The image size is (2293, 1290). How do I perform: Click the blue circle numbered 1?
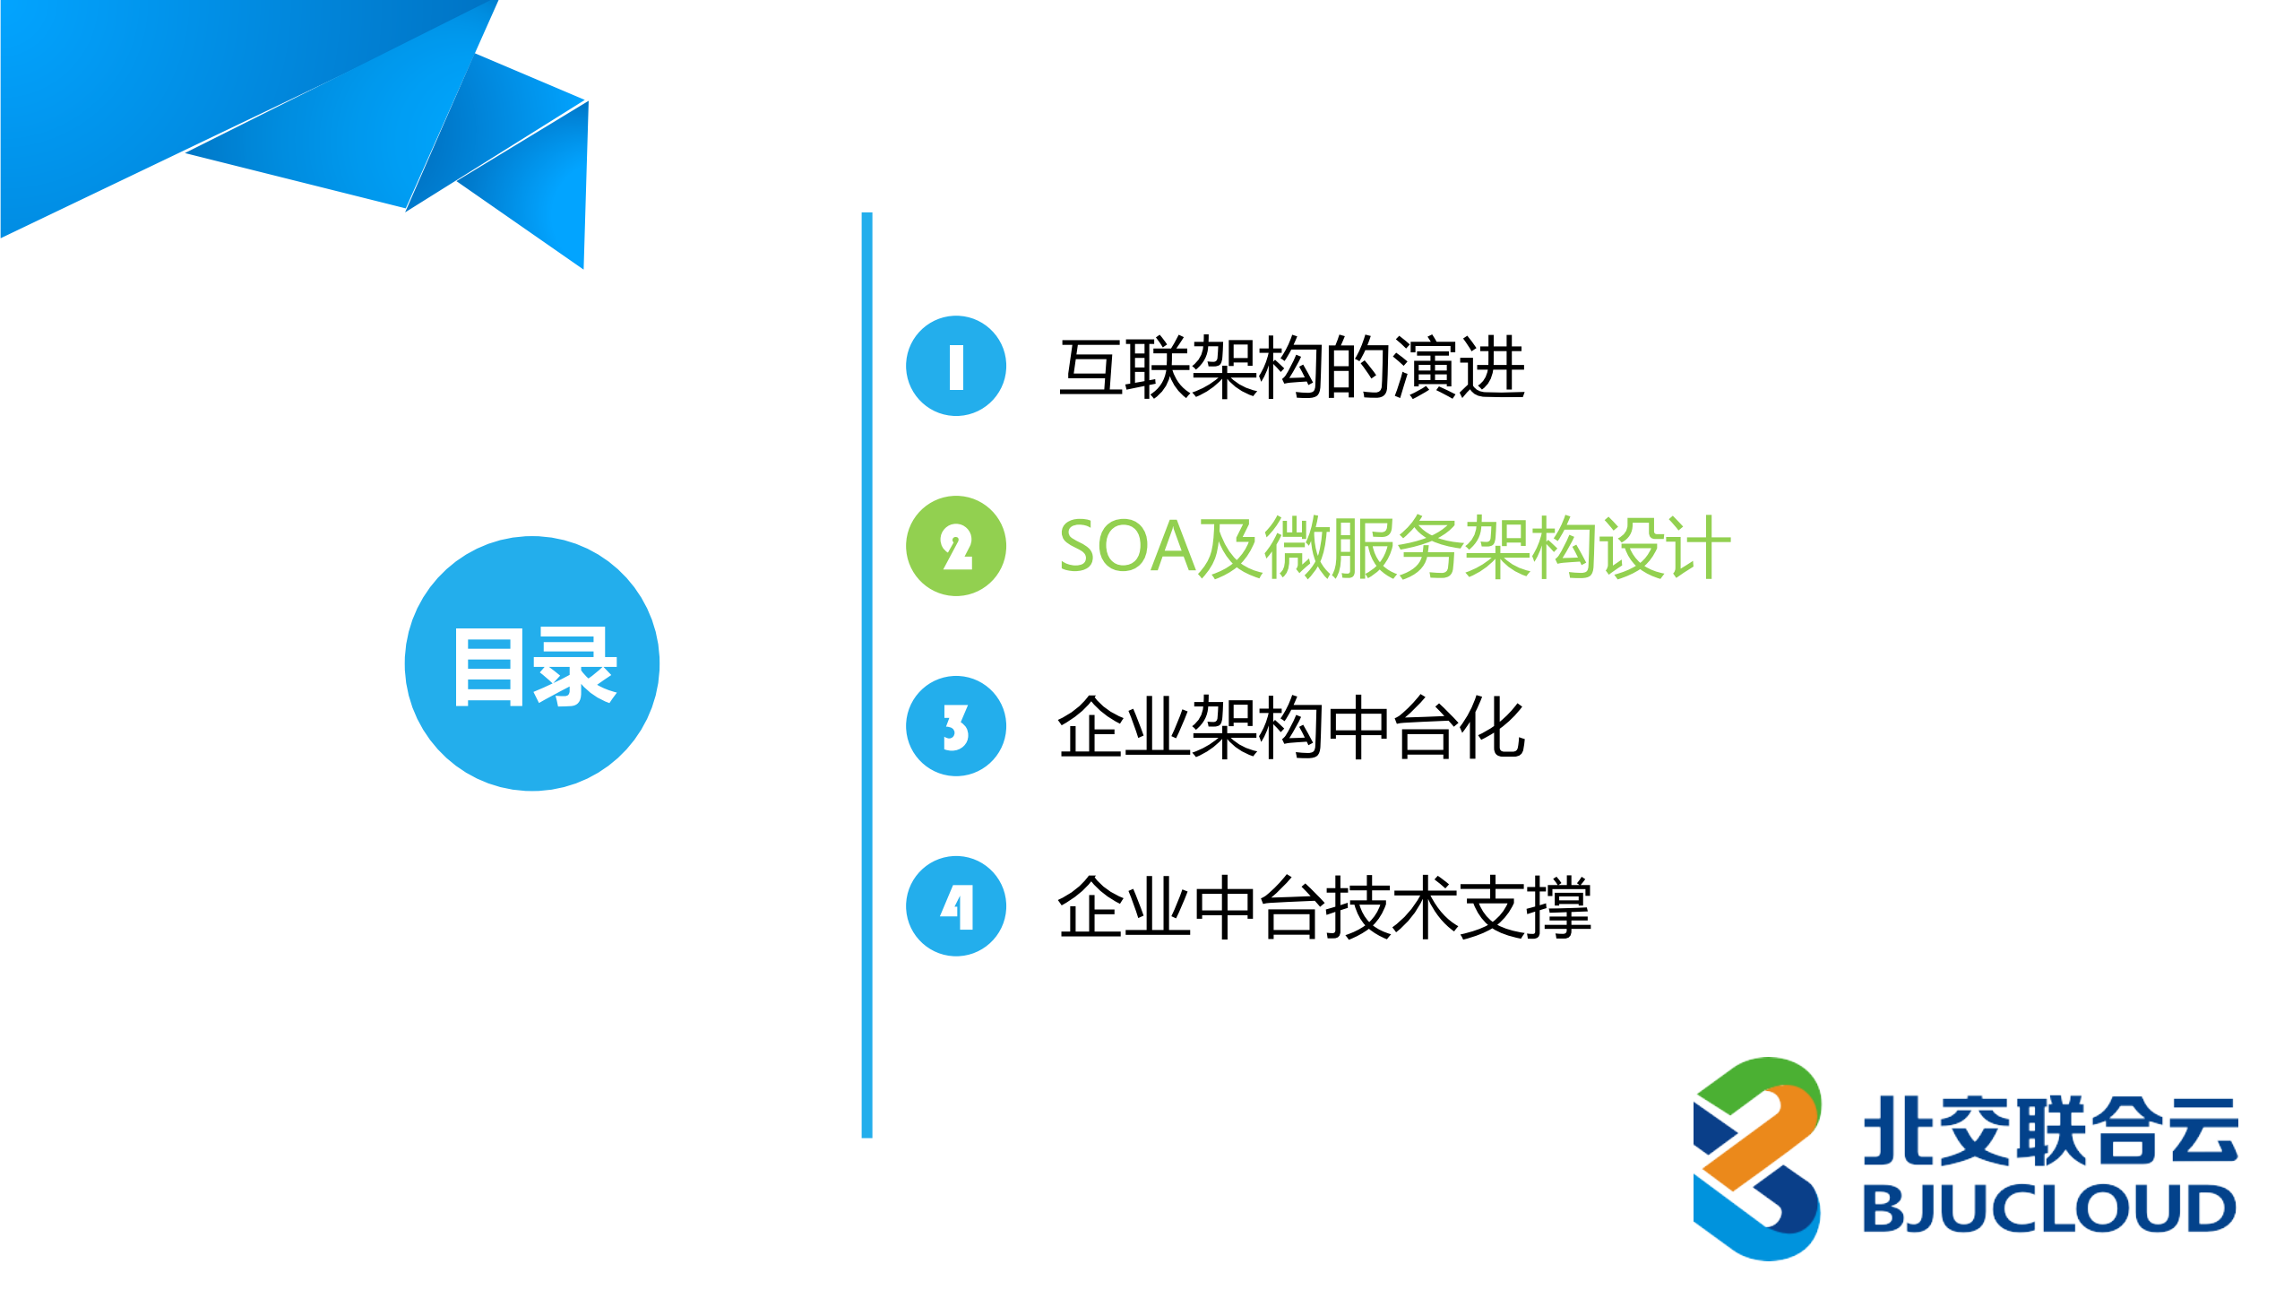(x=955, y=366)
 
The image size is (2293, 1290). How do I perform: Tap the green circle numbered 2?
(x=955, y=546)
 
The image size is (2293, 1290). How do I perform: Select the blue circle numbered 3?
(x=955, y=726)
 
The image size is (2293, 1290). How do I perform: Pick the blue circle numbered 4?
(x=955, y=906)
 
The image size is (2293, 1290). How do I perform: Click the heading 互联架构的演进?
(x=1290, y=368)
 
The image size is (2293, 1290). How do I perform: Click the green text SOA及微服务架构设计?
(x=1393, y=547)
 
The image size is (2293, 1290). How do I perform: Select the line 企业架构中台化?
(x=1290, y=727)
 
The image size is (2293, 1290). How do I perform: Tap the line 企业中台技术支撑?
(x=1323, y=907)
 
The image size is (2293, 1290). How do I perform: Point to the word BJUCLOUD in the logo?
(x=2048, y=1208)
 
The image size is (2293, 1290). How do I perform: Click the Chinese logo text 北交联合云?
(x=2050, y=1131)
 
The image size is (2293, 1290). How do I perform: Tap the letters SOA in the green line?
(x=1127, y=547)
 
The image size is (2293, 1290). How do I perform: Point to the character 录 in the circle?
(x=574, y=668)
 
